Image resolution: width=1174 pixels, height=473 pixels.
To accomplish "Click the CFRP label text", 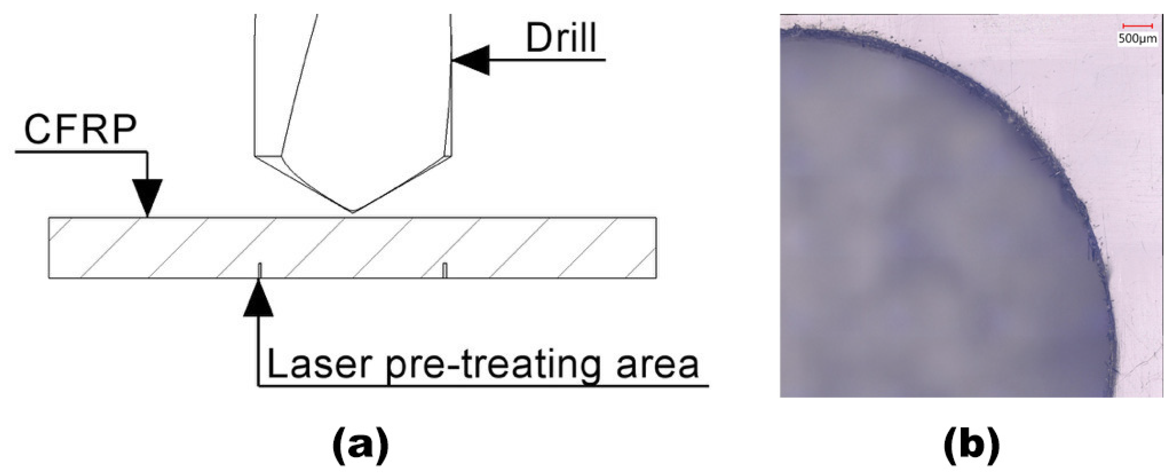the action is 80,130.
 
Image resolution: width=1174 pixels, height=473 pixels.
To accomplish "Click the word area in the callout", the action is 658,365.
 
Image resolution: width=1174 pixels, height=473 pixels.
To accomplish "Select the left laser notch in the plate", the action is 260,270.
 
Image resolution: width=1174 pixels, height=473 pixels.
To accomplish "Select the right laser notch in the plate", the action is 445,270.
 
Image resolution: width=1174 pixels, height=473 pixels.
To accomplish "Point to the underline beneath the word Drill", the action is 547,60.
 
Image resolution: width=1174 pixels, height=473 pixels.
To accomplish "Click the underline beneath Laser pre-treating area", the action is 483,386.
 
